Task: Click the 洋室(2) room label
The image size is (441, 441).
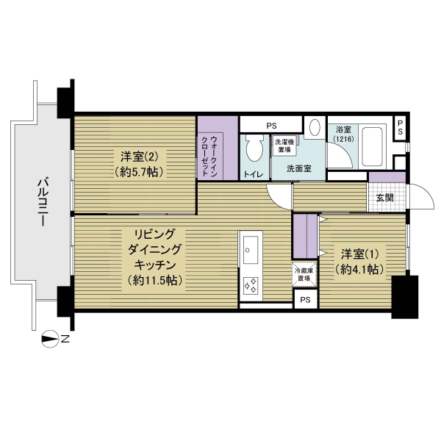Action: tap(139, 157)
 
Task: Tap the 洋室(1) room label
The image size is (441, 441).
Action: tap(359, 254)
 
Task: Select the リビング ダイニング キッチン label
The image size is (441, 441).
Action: tap(154, 257)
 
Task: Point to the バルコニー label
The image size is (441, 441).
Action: tap(43, 201)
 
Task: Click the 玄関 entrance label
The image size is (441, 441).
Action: tap(384, 198)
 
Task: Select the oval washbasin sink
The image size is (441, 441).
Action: tap(315, 127)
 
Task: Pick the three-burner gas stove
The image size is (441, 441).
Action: tap(251, 285)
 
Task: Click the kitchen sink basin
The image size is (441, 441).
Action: tap(251, 250)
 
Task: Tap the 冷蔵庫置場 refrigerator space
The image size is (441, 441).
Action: tap(304, 274)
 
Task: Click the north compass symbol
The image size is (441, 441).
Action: tap(50, 339)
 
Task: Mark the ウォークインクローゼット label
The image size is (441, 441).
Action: tap(209, 156)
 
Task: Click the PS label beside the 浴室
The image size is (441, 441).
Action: tap(400, 127)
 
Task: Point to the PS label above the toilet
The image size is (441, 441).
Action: tap(271, 126)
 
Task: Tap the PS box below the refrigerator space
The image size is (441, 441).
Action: tap(306, 299)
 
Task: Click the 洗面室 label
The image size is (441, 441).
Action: tap(299, 169)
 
